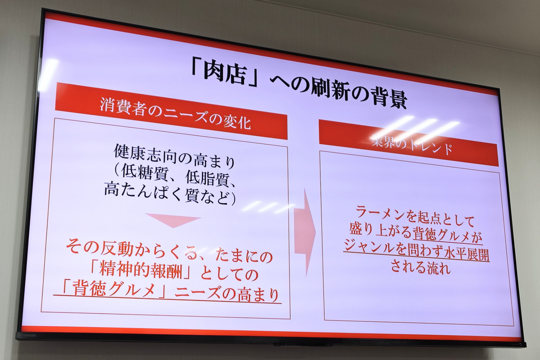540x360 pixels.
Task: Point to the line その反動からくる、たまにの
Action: [169, 253]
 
